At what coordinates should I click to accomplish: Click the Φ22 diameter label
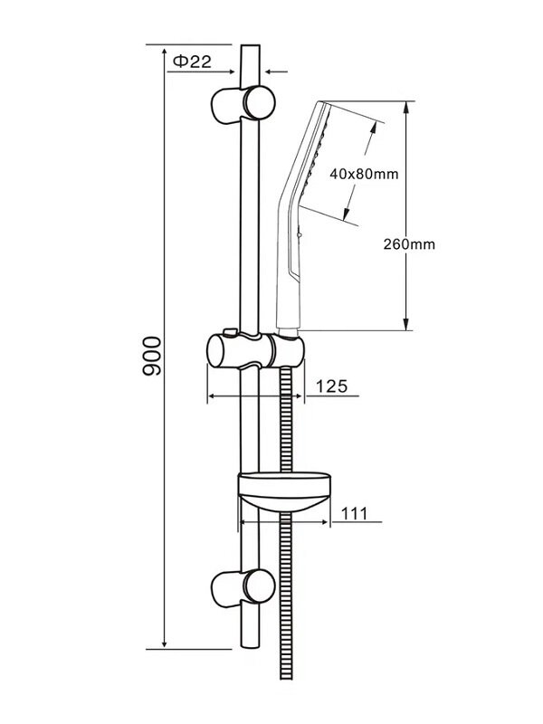point(192,61)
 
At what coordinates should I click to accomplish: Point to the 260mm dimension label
point(408,243)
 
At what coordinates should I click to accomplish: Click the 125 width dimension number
point(331,386)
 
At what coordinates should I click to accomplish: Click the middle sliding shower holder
point(255,349)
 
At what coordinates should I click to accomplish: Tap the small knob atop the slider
point(233,331)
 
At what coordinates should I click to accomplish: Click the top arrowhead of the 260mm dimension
point(406,105)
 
